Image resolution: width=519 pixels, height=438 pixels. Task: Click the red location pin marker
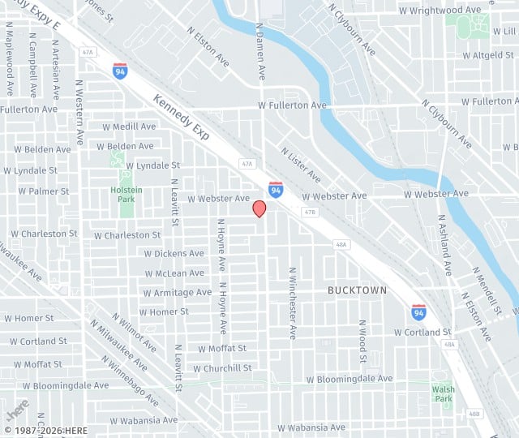(x=259, y=208)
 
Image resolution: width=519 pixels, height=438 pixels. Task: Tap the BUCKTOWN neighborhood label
(x=357, y=290)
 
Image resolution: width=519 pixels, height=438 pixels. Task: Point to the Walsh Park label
(x=443, y=393)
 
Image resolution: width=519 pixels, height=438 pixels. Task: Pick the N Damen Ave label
(x=261, y=50)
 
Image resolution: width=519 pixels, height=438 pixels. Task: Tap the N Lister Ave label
(x=300, y=165)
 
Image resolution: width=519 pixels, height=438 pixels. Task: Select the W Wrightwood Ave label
(x=441, y=11)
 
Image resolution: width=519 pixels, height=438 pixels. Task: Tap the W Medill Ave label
(x=129, y=127)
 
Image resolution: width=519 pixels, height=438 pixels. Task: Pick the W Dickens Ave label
(x=174, y=254)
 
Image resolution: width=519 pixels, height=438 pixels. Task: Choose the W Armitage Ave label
(x=177, y=293)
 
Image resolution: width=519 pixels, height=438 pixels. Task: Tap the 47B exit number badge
(x=309, y=212)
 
